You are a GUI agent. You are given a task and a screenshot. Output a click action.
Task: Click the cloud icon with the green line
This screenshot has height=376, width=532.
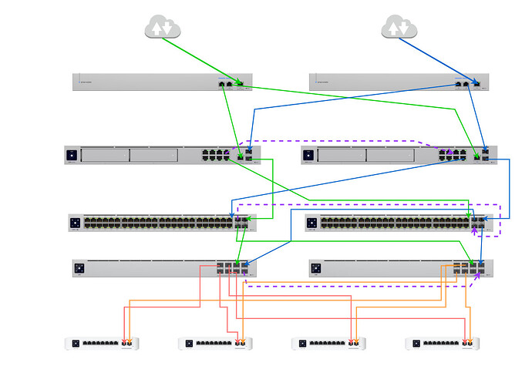(x=162, y=29)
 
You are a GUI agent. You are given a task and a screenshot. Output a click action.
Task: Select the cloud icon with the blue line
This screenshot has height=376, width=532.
(x=399, y=29)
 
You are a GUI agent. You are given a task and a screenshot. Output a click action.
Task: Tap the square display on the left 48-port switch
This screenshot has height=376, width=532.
(x=76, y=223)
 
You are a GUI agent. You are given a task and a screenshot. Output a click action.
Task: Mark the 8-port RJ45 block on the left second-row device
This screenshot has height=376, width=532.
(x=216, y=155)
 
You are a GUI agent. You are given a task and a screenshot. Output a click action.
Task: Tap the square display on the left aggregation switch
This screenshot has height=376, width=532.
(x=79, y=269)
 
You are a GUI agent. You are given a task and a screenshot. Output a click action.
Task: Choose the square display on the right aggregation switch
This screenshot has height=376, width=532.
(x=316, y=269)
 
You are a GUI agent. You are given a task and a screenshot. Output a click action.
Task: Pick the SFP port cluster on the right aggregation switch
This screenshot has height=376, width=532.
(x=470, y=269)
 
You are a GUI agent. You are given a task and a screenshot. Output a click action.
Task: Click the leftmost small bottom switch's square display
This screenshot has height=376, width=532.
(x=76, y=343)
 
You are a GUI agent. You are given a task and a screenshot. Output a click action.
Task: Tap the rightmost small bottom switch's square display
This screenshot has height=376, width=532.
(x=416, y=343)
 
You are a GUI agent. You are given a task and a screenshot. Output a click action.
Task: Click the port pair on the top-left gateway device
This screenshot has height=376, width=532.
(x=226, y=83)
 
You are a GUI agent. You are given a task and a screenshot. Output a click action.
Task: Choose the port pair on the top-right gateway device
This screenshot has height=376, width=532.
(x=463, y=83)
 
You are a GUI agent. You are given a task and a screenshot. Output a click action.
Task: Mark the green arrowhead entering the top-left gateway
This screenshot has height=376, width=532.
(x=240, y=82)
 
